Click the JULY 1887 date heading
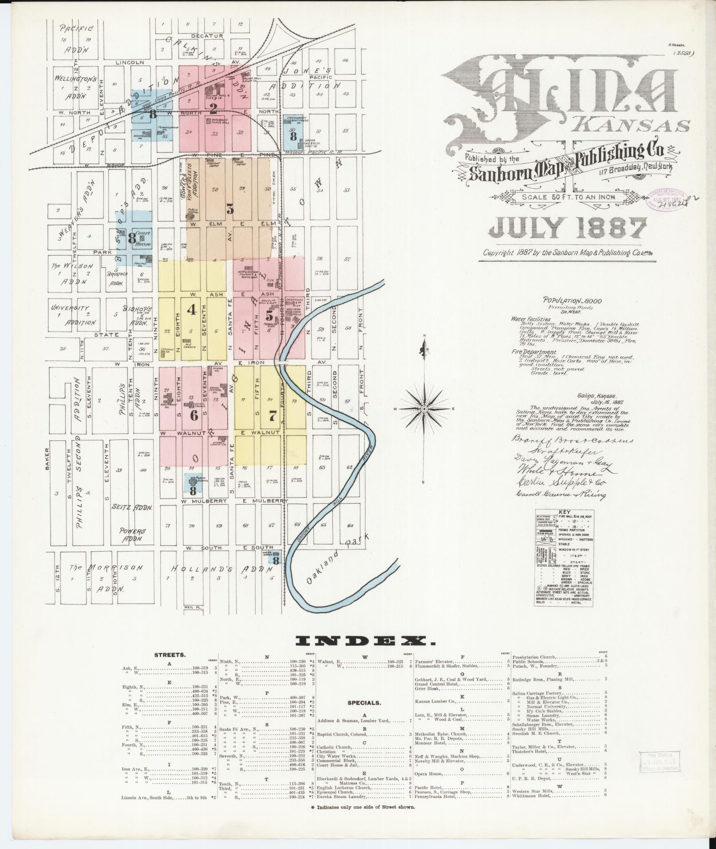(x=568, y=229)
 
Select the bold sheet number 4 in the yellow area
(x=192, y=310)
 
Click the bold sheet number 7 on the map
(x=273, y=416)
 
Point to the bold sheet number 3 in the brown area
(x=229, y=209)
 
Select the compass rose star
(x=424, y=408)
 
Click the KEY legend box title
(x=564, y=511)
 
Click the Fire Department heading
(x=533, y=352)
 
